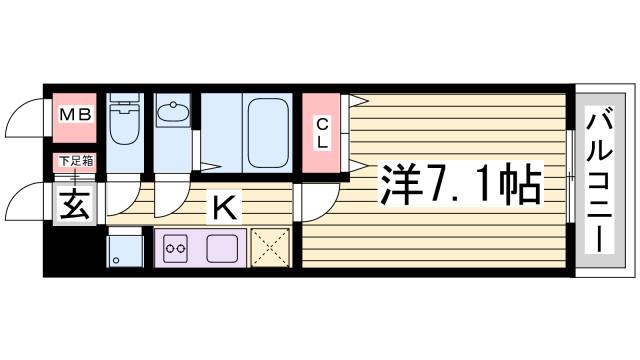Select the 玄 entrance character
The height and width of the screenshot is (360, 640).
[74, 207]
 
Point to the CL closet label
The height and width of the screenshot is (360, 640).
[323, 133]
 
